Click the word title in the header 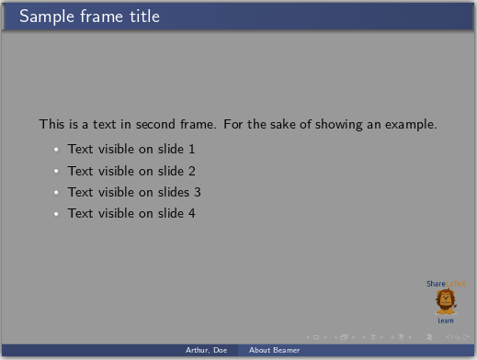141,17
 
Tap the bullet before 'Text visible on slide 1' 56,150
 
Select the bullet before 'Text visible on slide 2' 56,172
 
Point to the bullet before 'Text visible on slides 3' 56,193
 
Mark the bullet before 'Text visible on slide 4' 56,214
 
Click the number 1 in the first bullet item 192,149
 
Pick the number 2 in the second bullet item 192,171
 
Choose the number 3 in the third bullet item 198,192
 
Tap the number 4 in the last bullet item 192,213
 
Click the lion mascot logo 446,302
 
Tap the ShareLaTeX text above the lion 446,284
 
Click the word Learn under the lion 446,321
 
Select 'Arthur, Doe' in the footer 207,351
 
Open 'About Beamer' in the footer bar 274,351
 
